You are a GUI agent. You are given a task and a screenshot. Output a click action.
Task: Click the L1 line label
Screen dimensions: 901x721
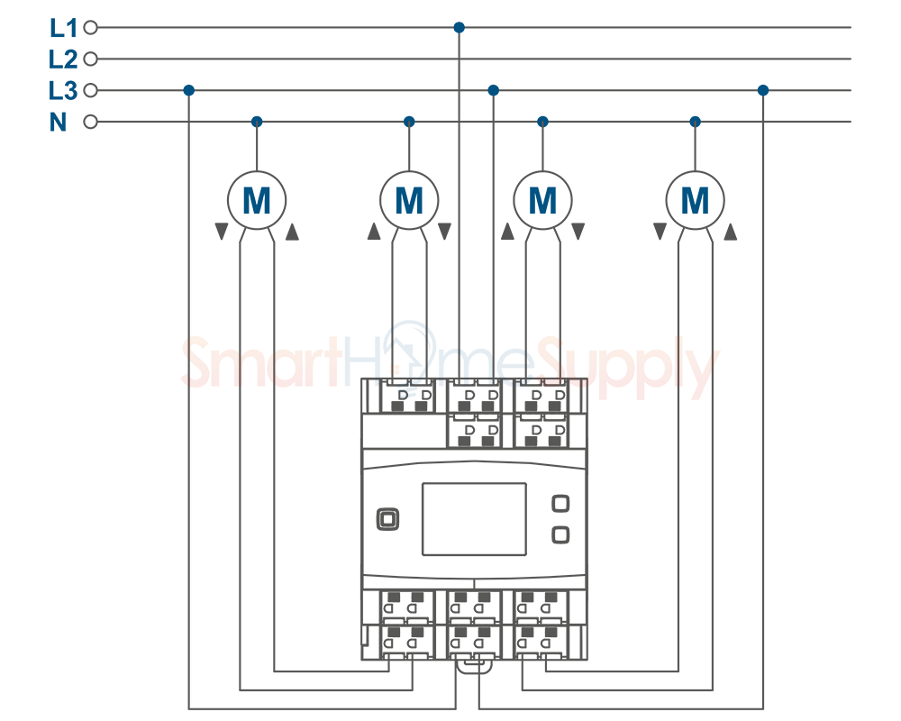click(x=63, y=28)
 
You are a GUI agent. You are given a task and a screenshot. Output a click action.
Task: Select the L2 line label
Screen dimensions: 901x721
click(x=63, y=59)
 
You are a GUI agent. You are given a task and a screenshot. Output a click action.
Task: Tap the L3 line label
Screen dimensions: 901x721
click(x=63, y=91)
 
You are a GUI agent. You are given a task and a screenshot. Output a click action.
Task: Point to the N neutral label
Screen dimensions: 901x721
click(x=58, y=122)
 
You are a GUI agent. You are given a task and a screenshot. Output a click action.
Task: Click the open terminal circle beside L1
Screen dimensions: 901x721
click(x=90, y=27)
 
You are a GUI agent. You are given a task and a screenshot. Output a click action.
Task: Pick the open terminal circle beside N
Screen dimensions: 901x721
click(x=90, y=122)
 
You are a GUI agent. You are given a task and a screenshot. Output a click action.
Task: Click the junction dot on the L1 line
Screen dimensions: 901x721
click(x=460, y=27)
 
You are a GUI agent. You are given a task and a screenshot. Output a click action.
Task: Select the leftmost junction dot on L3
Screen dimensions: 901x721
click(x=189, y=90)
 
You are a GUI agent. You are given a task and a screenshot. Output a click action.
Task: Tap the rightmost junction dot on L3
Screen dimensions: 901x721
click(x=763, y=90)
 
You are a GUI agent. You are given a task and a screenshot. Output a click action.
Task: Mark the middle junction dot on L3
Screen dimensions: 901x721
click(x=493, y=90)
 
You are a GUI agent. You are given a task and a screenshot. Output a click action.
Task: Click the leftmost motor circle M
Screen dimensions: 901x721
click(x=257, y=200)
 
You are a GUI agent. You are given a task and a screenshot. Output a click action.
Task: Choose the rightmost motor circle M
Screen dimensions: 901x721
click(x=696, y=200)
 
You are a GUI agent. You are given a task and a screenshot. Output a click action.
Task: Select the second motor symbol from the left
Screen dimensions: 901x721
click(x=409, y=200)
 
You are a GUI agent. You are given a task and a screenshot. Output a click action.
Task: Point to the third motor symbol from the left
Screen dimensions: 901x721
click(x=542, y=200)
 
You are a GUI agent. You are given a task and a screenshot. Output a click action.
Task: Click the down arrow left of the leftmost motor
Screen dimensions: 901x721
click(x=222, y=231)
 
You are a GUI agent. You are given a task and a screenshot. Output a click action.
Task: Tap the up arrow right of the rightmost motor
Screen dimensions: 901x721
click(x=731, y=232)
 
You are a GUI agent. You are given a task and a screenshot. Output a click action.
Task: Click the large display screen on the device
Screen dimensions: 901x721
click(x=474, y=519)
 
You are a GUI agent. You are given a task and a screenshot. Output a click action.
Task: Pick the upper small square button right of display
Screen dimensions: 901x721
click(x=560, y=504)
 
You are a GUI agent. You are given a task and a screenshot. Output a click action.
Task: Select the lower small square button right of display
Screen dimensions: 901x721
click(x=560, y=535)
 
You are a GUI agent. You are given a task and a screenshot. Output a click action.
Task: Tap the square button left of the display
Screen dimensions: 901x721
click(x=387, y=520)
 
